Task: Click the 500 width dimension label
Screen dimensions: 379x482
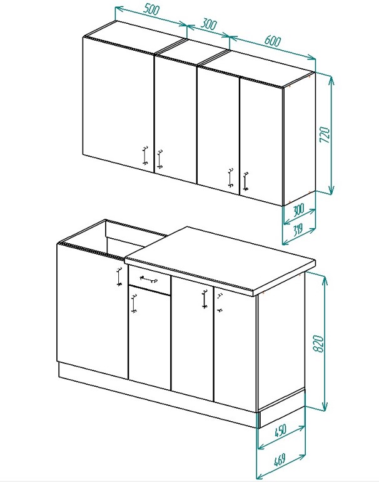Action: click(x=151, y=10)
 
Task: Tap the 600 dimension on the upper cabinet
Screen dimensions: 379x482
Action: click(x=272, y=41)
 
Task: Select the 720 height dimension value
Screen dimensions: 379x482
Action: click(x=325, y=134)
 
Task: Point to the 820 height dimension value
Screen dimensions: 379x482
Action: click(x=318, y=343)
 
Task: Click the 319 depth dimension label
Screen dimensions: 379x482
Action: click(x=297, y=229)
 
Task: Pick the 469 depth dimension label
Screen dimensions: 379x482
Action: click(x=280, y=459)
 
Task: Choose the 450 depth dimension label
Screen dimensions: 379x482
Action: click(x=280, y=431)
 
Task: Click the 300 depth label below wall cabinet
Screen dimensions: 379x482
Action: click(x=298, y=210)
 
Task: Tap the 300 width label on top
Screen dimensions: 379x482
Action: click(x=209, y=24)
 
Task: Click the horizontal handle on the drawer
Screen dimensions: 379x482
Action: click(x=149, y=280)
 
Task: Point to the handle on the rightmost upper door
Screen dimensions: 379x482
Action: click(x=245, y=181)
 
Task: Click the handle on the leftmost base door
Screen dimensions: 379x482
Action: click(x=119, y=276)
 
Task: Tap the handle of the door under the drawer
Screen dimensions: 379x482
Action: click(x=133, y=304)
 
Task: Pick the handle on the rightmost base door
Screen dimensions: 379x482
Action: click(x=220, y=303)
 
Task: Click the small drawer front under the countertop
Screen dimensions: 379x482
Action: click(x=149, y=280)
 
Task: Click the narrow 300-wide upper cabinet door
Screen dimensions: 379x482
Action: click(x=176, y=119)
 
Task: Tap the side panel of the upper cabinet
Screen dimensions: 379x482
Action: click(x=300, y=139)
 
